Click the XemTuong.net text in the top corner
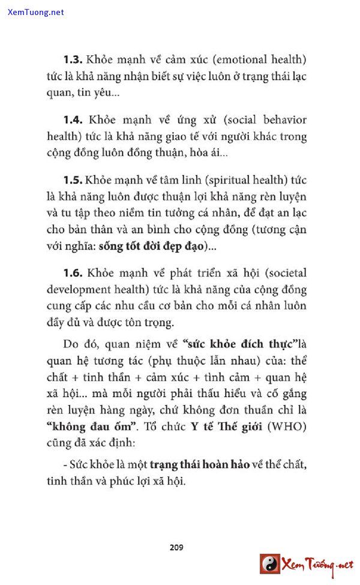36,12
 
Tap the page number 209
176,547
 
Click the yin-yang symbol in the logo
270,563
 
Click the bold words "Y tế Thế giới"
228,427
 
